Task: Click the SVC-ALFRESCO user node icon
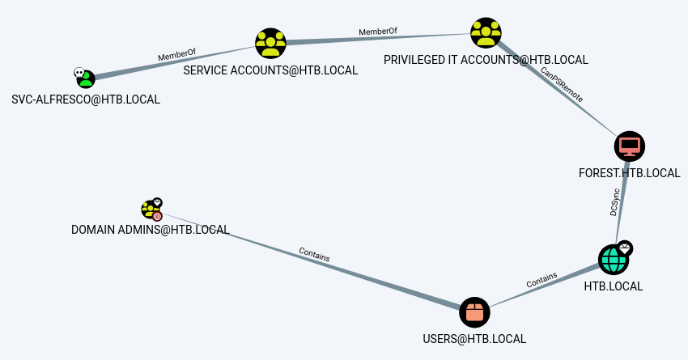(x=86, y=79)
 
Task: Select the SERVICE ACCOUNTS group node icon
(x=270, y=44)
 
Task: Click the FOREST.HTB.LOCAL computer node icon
(x=629, y=146)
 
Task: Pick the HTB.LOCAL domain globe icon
(x=613, y=260)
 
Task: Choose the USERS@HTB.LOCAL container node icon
(x=474, y=312)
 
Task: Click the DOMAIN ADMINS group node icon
(x=150, y=210)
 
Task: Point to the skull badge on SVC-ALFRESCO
(x=79, y=72)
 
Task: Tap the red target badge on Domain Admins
(x=157, y=216)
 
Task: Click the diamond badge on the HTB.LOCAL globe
(x=625, y=248)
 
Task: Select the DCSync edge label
(x=614, y=203)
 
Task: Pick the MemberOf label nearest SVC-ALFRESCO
(x=176, y=55)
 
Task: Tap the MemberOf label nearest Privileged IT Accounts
(x=378, y=32)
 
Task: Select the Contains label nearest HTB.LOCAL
(x=541, y=281)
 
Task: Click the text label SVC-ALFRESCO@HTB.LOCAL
(x=86, y=100)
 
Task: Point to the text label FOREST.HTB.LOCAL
(x=629, y=172)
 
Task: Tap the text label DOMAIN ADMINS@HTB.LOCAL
(x=150, y=230)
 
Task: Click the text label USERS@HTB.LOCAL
(x=474, y=338)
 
